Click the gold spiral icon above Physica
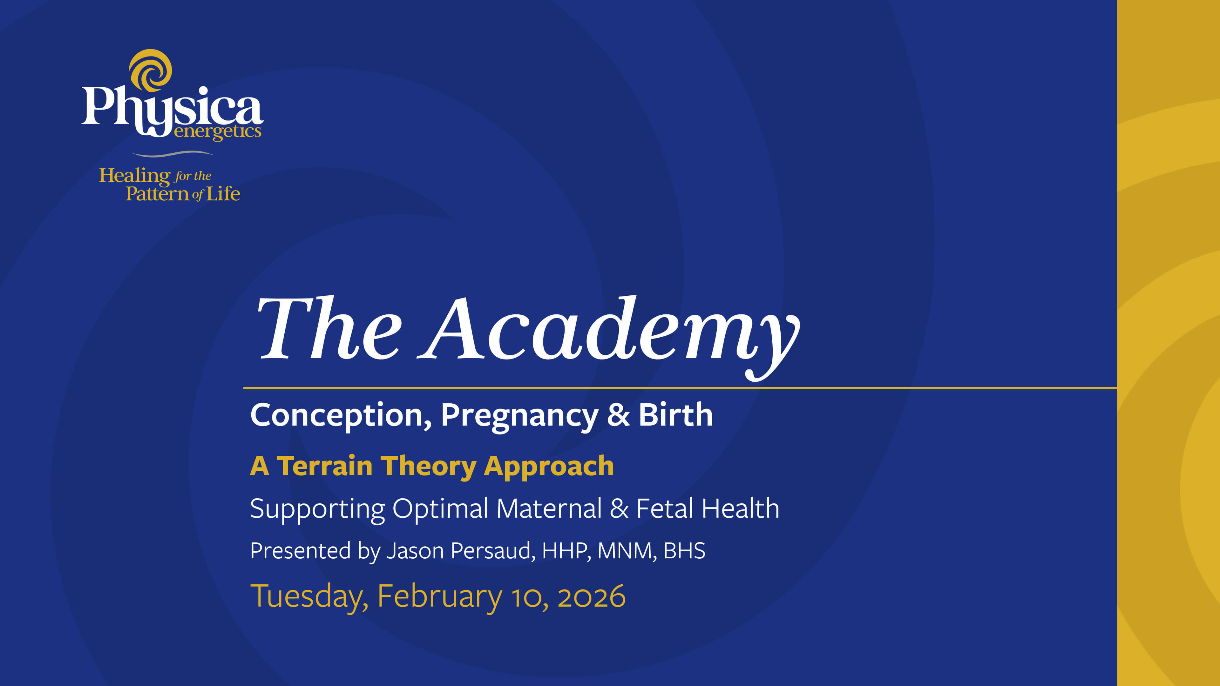click(x=151, y=70)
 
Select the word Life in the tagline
click(x=223, y=194)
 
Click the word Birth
click(x=675, y=415)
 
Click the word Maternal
click(x=548, y=508)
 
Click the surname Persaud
click(x=492, y=551)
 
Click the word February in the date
click(x=439, y=596)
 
